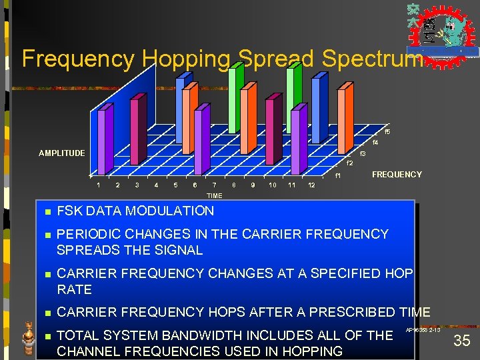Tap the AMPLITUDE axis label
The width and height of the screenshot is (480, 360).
tap(61, 153)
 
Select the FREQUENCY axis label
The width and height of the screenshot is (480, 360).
tap(397, 175)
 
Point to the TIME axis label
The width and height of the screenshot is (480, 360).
tap(214, 196)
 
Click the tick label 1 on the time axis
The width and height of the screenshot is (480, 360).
tap(98, 185)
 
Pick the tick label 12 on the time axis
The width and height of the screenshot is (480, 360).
tap(311, 185)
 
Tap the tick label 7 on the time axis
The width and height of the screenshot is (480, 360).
tap(214, 185)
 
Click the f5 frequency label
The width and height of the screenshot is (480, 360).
tap(387, 131)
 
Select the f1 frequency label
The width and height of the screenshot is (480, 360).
tap(338, 176)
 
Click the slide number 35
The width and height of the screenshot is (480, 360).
tap(461, 341)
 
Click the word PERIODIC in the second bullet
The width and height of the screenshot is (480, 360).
tap(87, 234)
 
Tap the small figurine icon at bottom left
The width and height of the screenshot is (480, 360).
tap(28, 337)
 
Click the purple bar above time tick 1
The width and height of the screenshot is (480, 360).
tap(102, 143)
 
